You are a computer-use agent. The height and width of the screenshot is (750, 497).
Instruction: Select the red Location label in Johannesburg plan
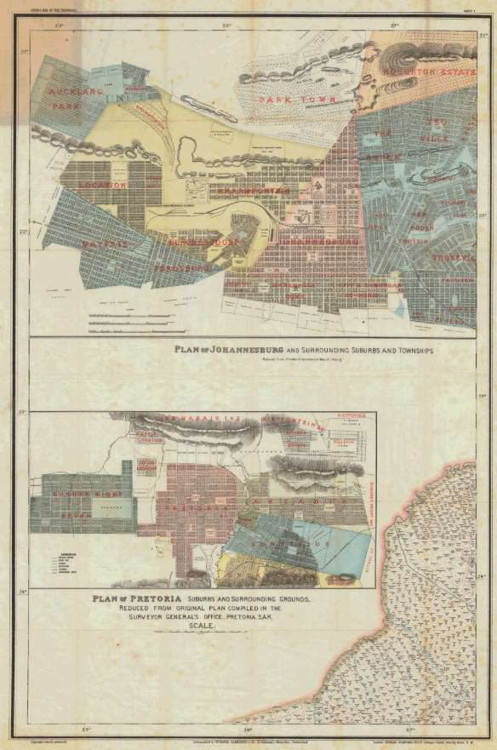[101, 184]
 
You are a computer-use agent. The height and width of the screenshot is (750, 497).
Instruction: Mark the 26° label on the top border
[227, 26]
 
